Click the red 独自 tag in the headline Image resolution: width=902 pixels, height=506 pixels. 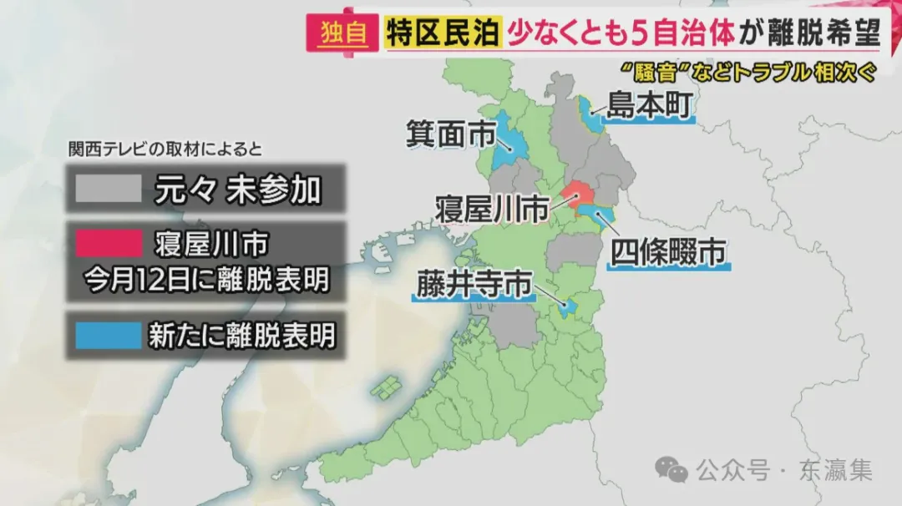[x=342, y=33]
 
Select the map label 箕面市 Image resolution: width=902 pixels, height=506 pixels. [x=451, y=134]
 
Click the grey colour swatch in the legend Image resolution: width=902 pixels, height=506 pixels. [x=109, y=190]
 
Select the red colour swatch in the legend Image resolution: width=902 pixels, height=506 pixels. [x=109, y=245]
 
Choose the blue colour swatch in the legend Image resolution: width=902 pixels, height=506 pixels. [x=109, y=336]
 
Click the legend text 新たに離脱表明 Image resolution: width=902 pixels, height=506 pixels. [x=242, y=336]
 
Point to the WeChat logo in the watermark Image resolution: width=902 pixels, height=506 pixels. [x=671, y=470]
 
